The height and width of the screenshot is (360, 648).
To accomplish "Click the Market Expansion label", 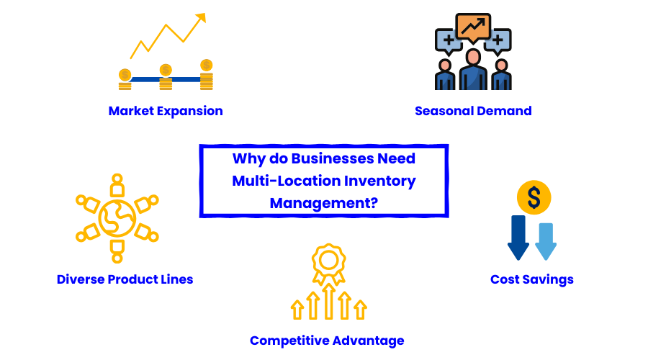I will pyautogui.click(x=166, y=111).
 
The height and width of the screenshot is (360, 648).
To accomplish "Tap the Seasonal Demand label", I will pyautogui.click(x=473, y=111).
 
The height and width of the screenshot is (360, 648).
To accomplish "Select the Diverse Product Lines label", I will pyautogui.click(x=125, y=279).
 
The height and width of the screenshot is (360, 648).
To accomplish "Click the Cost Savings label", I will pyautogui.click(x=532, y=279).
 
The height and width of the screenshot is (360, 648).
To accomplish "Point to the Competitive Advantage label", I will pyautogui.click(x=327, y=341).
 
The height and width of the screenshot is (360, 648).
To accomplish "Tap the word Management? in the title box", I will pyautogui.click(x=324, y=203).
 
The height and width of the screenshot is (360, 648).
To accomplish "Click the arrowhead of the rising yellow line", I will pyautogui.click(x=200, y=17).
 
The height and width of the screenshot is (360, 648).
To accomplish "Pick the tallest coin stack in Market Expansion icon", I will pyautogui.click(x=207, y=75).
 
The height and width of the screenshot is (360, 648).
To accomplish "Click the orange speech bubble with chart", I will pyautogui.click(x=473, y=27).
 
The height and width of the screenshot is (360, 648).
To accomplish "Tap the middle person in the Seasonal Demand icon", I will pyautogui.click(x=473, y=71).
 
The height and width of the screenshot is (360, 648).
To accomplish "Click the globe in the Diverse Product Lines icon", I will pyautogui.click(x=117, y=218).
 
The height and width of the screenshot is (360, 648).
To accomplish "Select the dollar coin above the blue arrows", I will pyautogui.click(x=534, y=197).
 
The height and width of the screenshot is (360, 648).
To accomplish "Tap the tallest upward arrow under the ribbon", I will pyautogui.click(x=328, y=301).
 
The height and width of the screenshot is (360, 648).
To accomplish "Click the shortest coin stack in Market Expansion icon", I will pyautogui.click(x=125, y=79).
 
